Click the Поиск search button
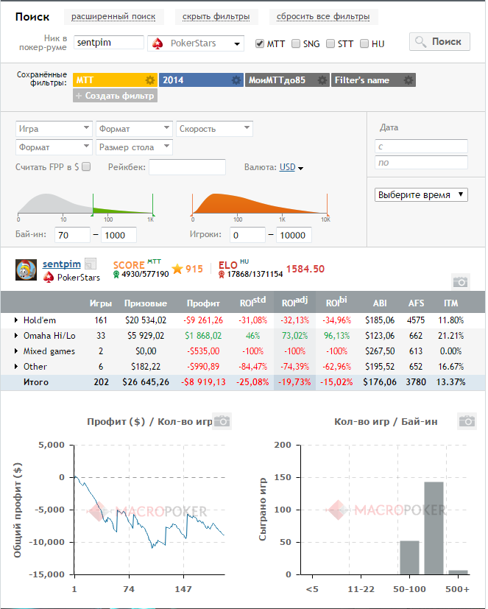[x=439, y=41]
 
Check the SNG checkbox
[x=296, y=43]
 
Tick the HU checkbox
[x=364, y=43]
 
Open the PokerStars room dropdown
[x=196, y=43]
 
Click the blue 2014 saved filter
[x=201, y=80]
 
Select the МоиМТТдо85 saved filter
[x=287, y=80]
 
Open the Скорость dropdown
[x=214, y=129]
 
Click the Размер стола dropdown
[x=134, y=147]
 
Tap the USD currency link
[x=287, y=167]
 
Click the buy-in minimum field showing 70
[x=72, y=235]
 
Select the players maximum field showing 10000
[x=294, y=235]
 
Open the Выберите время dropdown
[x=421, y=194]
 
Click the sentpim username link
[x=62, y=264]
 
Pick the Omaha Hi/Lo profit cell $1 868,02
[x=203, y=336]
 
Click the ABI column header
[x=380, y=303]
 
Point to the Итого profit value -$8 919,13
[x=203, y=382]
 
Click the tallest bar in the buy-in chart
[x=434, y=528]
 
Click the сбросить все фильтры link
[x=323, y=17]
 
